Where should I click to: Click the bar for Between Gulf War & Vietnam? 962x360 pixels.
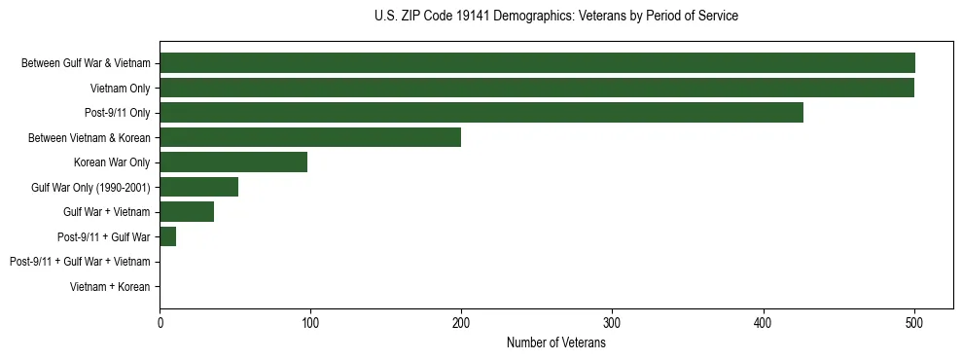point(537,63)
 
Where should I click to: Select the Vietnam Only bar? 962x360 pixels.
point(537,88)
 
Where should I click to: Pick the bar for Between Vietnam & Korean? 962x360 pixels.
point(310,137)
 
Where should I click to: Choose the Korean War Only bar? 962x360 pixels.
point(233,162)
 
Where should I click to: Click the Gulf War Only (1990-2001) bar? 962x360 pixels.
point(199,187)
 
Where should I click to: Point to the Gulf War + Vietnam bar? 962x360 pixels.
point(187,212)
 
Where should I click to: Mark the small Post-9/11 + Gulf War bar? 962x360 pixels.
point(168,236)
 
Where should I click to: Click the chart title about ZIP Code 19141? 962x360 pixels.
point(556,17)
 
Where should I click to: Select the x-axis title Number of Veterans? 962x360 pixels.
point(556,342)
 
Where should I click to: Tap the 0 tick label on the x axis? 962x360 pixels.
point(160,322)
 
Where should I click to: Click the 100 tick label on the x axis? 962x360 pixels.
point(310,322)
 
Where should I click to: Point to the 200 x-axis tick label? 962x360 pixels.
point(461,322)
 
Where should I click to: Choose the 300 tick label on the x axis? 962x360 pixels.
point(612,322)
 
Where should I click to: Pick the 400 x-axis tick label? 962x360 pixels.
point(764,322)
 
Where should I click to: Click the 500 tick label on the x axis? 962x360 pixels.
point(914,322)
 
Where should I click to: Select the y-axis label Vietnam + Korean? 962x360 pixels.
point(110,287)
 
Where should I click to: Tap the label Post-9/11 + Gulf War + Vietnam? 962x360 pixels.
point(80,262)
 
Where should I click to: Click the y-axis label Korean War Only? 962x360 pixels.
point(112,162)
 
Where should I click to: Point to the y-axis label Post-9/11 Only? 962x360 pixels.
point(118,113)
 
